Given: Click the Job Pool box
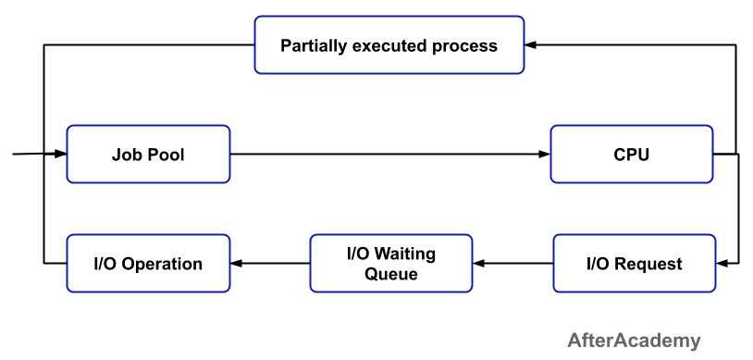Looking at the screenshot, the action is (x=148, y=155).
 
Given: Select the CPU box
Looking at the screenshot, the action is (x=632, y=155).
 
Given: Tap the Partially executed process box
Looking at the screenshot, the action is (x=389, y=45).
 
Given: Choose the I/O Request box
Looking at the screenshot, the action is (x=635, y=264).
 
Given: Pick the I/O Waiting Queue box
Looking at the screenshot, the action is (x=391, y=264).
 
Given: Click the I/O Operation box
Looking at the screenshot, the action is (x=148, y=264).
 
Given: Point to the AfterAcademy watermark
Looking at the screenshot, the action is (x=634, y=341).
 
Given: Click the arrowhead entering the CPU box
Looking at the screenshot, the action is (x=545, y=155).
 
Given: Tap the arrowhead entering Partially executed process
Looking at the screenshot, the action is (x=530, y=44).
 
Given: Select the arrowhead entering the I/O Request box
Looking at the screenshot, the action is (x=722, y=264).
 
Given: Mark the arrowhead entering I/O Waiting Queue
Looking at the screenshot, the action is (x=478, y=264).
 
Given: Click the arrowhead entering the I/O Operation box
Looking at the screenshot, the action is (x=236, y=264).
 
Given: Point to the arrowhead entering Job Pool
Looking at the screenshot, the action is (x=60, y=154).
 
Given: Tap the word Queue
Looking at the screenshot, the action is (x=391, y=274).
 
